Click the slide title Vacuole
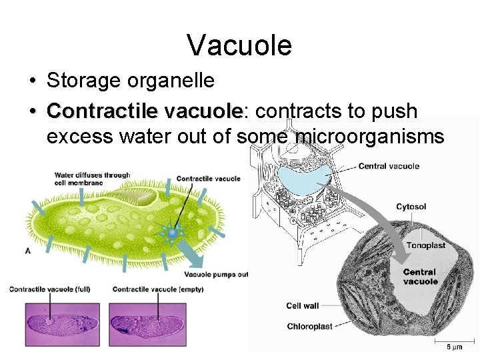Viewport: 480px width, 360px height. coord(239,45)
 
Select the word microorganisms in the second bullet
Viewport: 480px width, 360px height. coord(370,137)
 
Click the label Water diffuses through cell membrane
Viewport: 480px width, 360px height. coord(92,179)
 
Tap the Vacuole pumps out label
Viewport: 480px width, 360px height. coord(216,274)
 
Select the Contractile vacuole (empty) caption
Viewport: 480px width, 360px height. coord(158,289)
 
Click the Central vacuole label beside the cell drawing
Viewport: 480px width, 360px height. coord(389,166)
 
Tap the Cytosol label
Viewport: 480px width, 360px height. coord(411,207)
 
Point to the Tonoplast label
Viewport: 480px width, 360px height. coord(426,245)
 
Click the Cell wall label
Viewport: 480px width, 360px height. coord(303,306)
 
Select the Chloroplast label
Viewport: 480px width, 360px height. coord(310,326)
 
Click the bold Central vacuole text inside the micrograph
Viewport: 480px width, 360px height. coord(420,277)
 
